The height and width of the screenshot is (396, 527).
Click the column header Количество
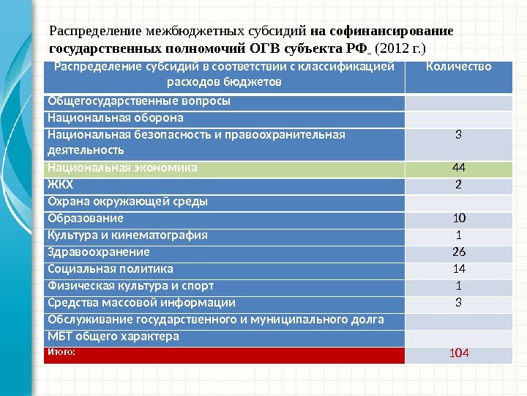tap(458, 67)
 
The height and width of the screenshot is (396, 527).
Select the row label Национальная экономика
tap(122, 168)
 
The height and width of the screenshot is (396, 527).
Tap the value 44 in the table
tap(458, 168)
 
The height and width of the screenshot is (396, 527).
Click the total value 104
tap(458, 354)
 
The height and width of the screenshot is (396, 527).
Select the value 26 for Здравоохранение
tap(458, 252)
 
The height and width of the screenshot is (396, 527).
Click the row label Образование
tap(86, 219)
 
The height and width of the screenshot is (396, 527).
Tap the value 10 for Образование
tap(458, 219)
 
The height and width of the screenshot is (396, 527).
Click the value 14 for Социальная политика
tap(458, 269)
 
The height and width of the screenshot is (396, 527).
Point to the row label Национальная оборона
tap(116, 117)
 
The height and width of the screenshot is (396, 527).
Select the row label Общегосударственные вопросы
tap(138, 100)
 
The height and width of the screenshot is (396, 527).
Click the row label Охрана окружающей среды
tap(127, 201)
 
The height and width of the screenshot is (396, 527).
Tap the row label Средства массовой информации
tap(141, 302)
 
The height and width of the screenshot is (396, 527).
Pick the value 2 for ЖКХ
tap(458, 184)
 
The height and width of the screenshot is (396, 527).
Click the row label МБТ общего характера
tap(113, 337)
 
